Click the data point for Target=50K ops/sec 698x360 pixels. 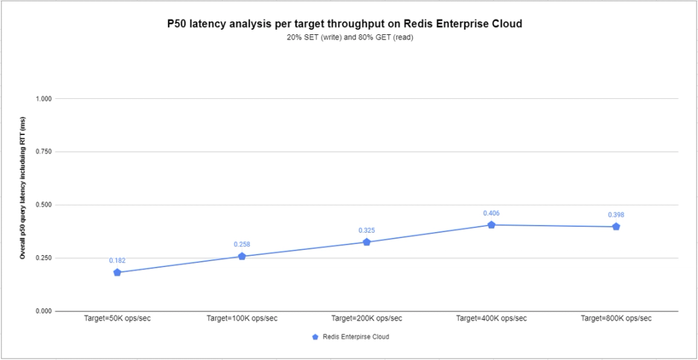pyautogui.click(x=117, y=273)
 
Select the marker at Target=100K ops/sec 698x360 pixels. pyautogui.click(x=242, y=257)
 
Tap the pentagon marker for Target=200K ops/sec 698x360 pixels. pyautogui.click(x=366, y=242)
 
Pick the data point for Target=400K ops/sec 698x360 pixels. pyautogui.click(x=491, y=225)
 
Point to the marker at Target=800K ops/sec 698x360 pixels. pyautogui.click(x=616, y=227)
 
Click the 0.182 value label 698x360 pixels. pyautogui.click(x=117, y=260)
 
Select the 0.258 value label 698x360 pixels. pyautogui.click(x=242, y=244)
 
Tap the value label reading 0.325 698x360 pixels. pyautogui.click(x=366, y=230)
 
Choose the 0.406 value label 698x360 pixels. pyautogui.click(x=491, y=213)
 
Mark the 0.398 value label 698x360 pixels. pyautogui.click(x=616, y=215)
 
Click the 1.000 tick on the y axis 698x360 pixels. pyautogui.click(x=44, y=99)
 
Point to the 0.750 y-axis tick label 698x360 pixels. pyautogui.click(x=44, y=152)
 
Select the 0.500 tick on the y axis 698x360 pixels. pyautogui.click(x=44, y=205)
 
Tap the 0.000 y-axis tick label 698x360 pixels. pyautogui.click(x=44, y=312)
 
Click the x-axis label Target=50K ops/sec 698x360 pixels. pyautogui.click(x=117, y=319)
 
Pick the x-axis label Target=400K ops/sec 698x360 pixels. pyautogui.click(x=491, y=319)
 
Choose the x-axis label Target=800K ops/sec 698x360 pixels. pyautogui.click(x=616, y=319)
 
